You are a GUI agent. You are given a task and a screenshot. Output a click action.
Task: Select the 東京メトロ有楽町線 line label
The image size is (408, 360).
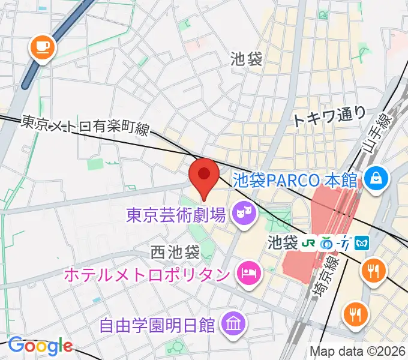pyautogui.click(x=85, y=127)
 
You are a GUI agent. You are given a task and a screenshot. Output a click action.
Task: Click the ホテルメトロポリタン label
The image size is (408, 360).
pyautogui.click(x=147, y=275)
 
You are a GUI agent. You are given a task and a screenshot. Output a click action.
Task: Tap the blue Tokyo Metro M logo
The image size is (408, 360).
pyautogui.click(x=362, y=244)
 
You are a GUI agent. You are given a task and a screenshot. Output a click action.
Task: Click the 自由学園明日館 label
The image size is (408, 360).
pyautogui.click(x=157, y=326)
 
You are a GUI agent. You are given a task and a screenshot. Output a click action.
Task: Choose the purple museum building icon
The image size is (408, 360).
pyautogui.click(x=232, y=325)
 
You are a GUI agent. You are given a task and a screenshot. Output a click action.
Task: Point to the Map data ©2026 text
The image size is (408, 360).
pyautogui.click(x=358, y=351)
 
